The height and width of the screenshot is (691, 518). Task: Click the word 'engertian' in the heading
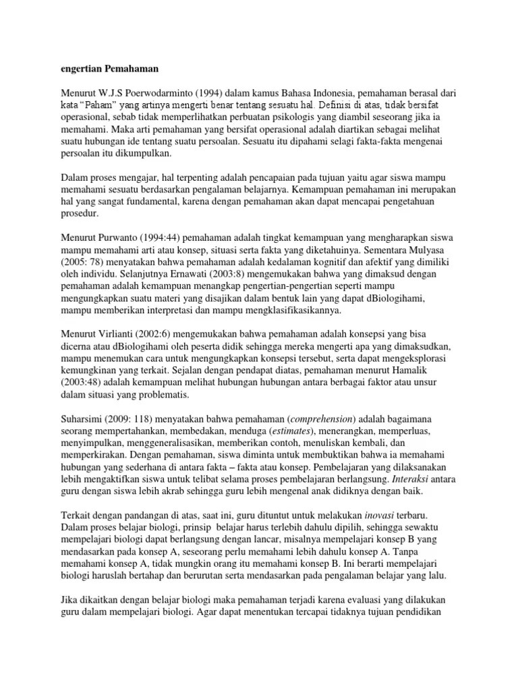[x=80, y=68]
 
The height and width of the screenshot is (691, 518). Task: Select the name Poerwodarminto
[x=163, y=93]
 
